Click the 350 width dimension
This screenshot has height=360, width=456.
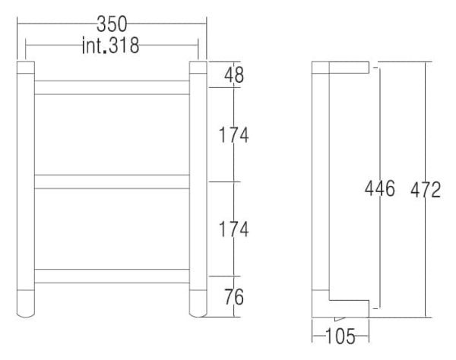[112, 24]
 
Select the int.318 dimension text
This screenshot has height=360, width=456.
[110, 46]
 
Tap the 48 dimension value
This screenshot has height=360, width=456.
[234, 75]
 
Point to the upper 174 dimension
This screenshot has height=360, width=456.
[233, 135]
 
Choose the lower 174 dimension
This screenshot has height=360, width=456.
[233, 229]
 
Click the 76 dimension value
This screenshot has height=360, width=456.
[234, 297]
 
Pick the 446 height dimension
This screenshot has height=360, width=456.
[380, 188]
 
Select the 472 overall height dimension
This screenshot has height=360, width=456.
[426, 190]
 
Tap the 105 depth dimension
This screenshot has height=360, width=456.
[340, 336]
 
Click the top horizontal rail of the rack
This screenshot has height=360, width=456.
[112, 87]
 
